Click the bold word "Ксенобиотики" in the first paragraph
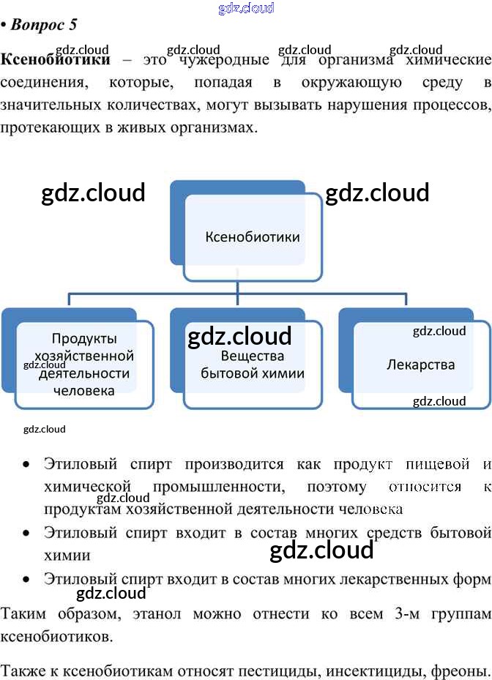pyautogui.click(x=56, y=59)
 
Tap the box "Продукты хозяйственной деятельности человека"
pyautogui.click(x=85, y=364)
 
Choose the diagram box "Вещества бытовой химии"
pyautogui.click(x=253, y=365)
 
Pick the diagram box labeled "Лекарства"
pyautogui.click(x=420, y=365)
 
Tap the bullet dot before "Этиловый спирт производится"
pyautogui.click(x=26, y=465)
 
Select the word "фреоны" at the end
pyautogui.click(x=458, y=670)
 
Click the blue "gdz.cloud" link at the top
pyautogui.click(x=246, y=8)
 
